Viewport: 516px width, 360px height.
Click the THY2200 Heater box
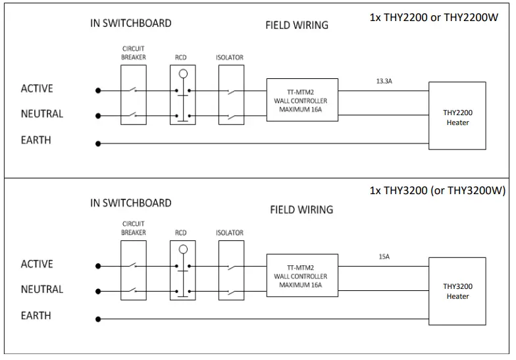point(457,116)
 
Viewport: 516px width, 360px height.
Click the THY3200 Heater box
point(457,290)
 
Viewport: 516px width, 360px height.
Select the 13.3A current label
point(384,82)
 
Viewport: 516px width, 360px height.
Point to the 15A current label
point(384,257)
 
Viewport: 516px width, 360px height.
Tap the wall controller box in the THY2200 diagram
point(302,100)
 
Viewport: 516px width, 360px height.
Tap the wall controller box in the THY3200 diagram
point(302,276)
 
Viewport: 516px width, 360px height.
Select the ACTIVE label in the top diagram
point(37,89)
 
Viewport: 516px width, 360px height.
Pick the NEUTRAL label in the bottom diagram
point(42,290)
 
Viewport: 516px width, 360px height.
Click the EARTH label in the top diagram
point(36,140)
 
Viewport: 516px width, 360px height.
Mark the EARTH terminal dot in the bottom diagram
point(99,319)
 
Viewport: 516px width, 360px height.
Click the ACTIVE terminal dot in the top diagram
point(99,90)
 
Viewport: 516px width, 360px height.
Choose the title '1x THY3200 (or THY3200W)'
point(438,191)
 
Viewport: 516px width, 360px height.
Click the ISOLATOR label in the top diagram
point(230,58)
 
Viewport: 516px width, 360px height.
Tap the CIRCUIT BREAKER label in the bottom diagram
point(134,228)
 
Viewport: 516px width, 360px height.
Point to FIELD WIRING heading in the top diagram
point(297,26)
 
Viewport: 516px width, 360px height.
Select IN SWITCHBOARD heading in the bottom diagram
point(131,203)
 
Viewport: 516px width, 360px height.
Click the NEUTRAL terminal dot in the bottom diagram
point(99,291)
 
